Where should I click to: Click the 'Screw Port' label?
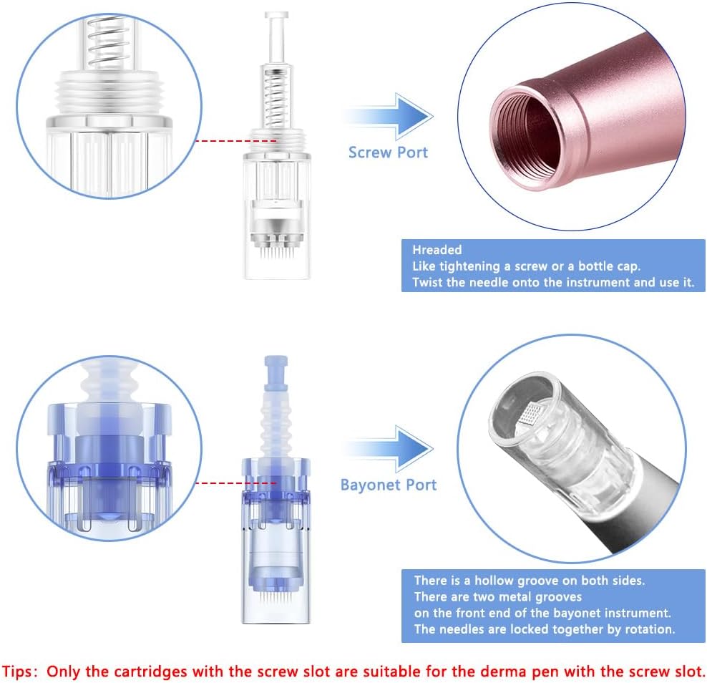[388, 152]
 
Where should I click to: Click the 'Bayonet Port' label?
[389, 485]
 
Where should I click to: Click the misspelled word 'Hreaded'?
[437, 249]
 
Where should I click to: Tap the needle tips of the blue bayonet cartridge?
[276, 599]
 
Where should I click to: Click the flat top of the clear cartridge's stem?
[276, 15]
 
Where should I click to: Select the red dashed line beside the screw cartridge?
[236, 141]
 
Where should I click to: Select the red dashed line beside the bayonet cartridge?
[236, 483]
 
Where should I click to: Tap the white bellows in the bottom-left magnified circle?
[108, 384]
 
